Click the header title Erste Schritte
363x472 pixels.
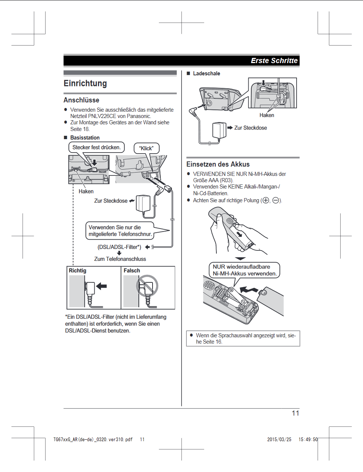coord(274,60)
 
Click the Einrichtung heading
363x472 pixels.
coord(85,83)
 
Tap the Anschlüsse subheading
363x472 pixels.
coord(81,100)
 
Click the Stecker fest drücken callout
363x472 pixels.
coord(97,147)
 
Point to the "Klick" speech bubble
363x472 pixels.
coord(146,148)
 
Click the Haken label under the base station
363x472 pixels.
coord(86,191)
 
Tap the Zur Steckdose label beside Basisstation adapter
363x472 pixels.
coord(111,201)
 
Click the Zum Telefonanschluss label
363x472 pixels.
coord(120,259)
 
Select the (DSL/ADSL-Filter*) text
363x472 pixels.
coord(119,247)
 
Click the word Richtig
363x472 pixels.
coord(78,271)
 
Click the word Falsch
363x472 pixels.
coord(132,271)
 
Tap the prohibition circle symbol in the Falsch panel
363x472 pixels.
coord(147,286)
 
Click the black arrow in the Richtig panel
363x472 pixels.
coord(101,286)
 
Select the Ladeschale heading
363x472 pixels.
coord(206,73)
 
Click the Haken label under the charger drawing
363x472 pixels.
coord(267,115)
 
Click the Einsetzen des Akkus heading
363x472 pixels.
coord(218,164)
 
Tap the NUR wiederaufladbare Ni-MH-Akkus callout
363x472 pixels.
coord(245,270)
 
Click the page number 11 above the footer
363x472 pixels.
coord(295,413)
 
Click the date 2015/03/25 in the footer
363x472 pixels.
coord(279,439)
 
